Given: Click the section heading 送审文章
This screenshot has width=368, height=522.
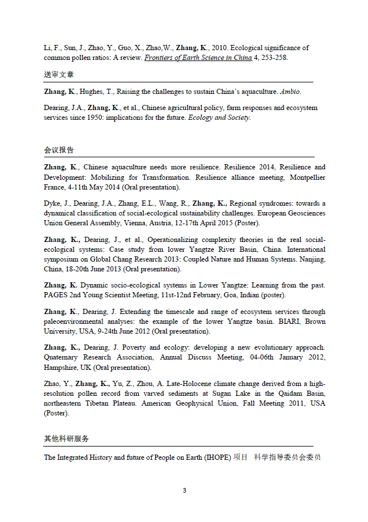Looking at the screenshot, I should pyautogui.click(x=59, y=75).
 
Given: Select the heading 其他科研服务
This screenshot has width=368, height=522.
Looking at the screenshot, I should pyautogui.click(x=66, y=438).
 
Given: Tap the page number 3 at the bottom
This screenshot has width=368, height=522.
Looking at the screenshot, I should pyautogui.click(x=184, y=490).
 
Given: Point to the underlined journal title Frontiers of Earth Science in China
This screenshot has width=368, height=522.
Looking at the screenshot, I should pyautogui.click(x=198, y=58).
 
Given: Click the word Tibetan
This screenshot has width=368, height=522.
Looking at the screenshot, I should pyautogui.click(x=113, y=403).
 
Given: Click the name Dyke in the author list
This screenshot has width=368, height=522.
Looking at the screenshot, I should pyautogui.click(x=53, y=203).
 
